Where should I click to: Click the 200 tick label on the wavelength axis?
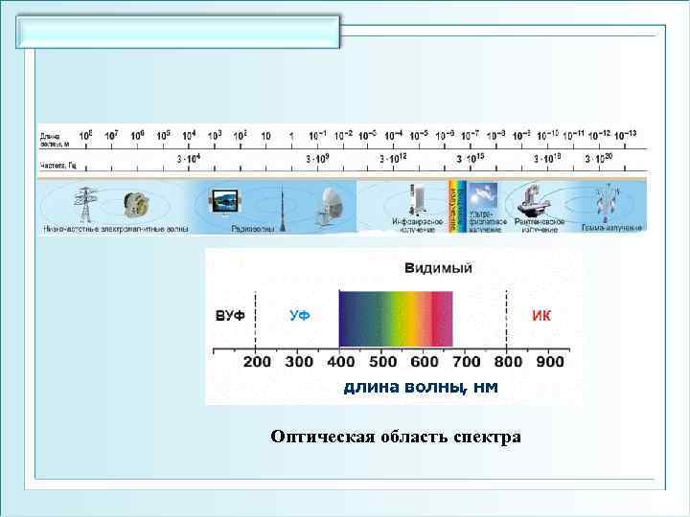coord(257,362)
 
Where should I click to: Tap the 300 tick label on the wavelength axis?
coord(299,362)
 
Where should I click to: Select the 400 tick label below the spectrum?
coord(341,362)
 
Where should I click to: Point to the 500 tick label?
coord(383,362)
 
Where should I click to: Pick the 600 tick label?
coord(425,362)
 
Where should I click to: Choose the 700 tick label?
coord(467,362)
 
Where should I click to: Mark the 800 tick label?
coord(509,362)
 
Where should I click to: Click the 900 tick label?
coord(550,362)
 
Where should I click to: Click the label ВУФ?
coord(230,315)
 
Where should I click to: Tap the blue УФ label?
coord(299,315)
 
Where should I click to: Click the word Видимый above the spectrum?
coord(439,267)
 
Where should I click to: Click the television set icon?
coord(226,201)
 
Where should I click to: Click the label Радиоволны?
coord(254,229)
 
